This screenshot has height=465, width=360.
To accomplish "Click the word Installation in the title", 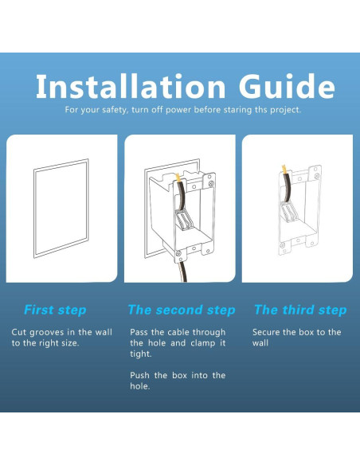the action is click(131, 86).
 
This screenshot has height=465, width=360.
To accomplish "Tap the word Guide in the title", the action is click(287, 86).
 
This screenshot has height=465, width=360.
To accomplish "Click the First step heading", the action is click(55, 311).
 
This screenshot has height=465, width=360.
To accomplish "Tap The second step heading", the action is click(182, 311).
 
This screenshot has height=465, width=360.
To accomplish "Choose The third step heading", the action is click(300, 311).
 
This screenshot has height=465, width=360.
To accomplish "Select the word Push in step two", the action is click(139, 375).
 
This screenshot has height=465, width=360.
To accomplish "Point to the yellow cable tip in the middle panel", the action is click(178, 178).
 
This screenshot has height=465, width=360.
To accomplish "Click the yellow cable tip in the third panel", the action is click(284, 170).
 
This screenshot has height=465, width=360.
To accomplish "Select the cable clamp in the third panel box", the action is click(289, 211).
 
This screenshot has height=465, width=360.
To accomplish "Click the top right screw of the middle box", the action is click(211, 184).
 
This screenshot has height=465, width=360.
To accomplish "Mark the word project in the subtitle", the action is click(286, 110).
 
